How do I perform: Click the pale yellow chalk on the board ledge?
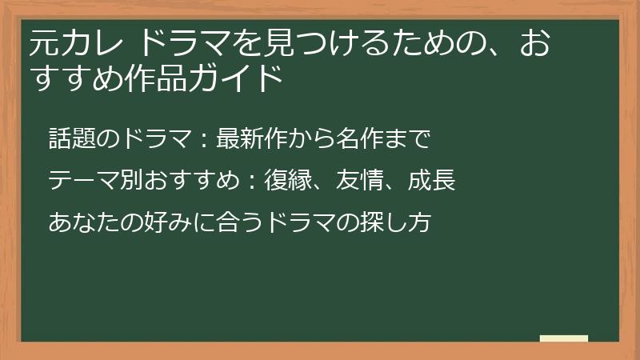click(564, 338)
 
